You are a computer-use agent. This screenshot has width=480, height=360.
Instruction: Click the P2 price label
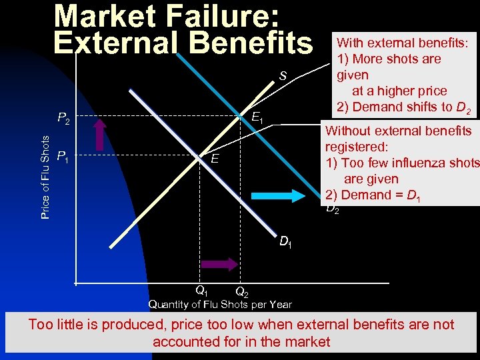[x=65, y=119]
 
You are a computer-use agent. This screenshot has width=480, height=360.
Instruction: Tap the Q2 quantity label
[x=242, y=293]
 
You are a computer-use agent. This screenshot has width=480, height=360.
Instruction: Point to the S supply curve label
[x=283, y=77]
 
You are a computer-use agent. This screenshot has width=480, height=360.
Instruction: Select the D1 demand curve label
[x=285, y=241]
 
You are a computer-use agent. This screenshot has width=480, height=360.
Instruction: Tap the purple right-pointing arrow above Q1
[x=219, y=264]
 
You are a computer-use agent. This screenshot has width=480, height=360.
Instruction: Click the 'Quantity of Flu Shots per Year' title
[x=220, y=305]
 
